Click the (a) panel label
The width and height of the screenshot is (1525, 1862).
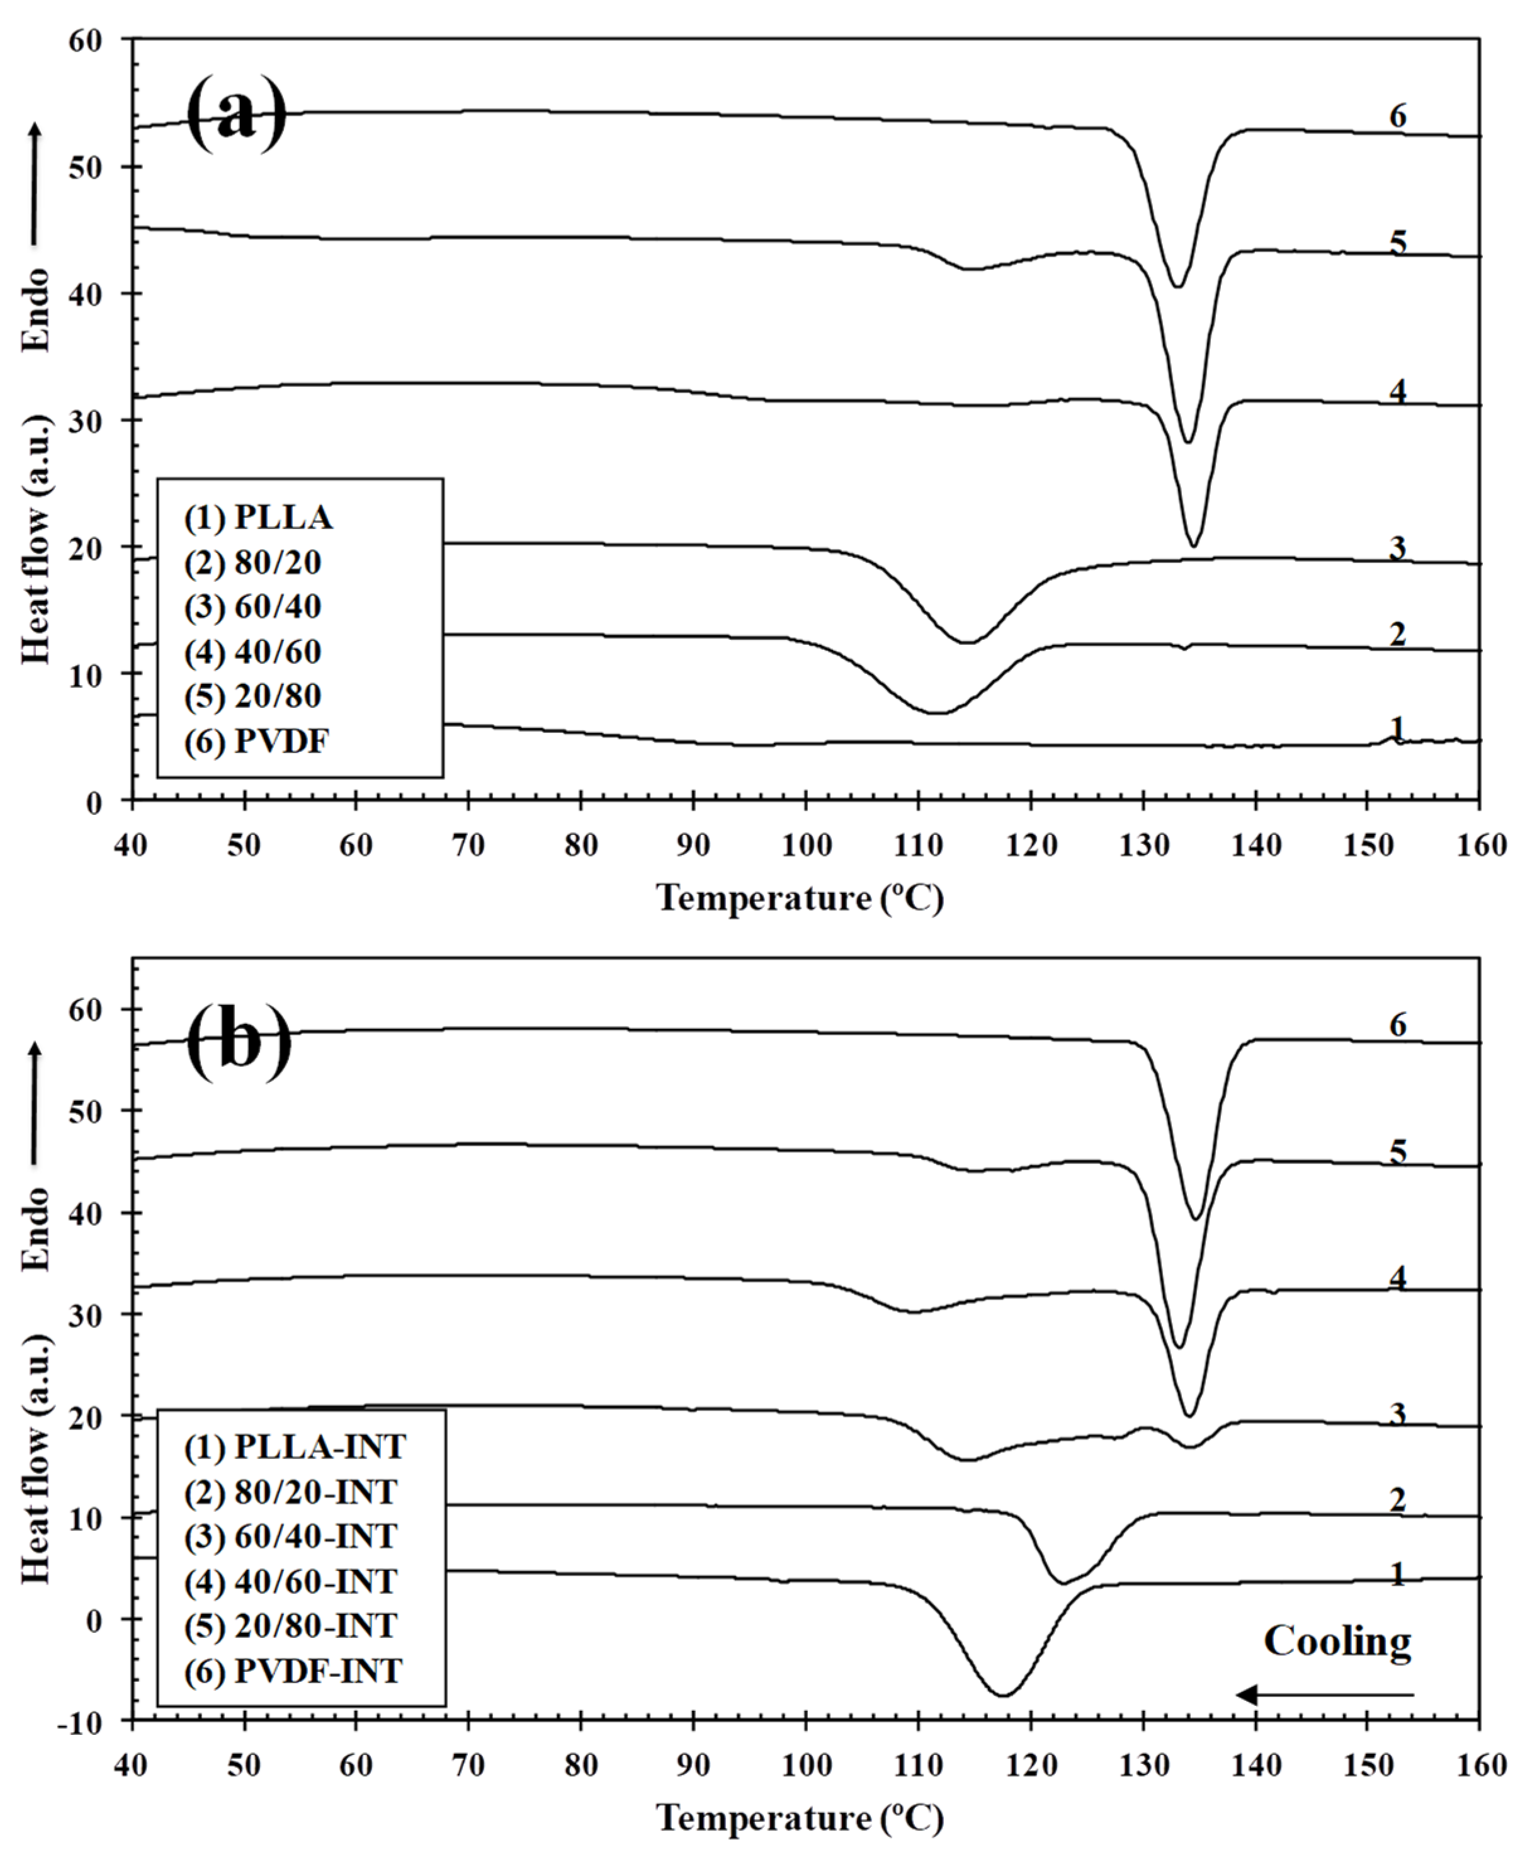pyautogui.click(x=237, y=114)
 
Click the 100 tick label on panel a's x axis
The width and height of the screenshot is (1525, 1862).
pyautogui.click(x=805, y=846)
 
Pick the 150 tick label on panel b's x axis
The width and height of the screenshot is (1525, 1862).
pyautogui.click(x=1368, y=1766)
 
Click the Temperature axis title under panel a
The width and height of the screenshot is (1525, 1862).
pyautogui.click(x=800, y=899)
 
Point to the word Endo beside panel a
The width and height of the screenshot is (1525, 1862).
pyautogui.click(x=36, y=310)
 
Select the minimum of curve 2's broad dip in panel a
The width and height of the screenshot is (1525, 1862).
pyautogui.click(x=938, y=712)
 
